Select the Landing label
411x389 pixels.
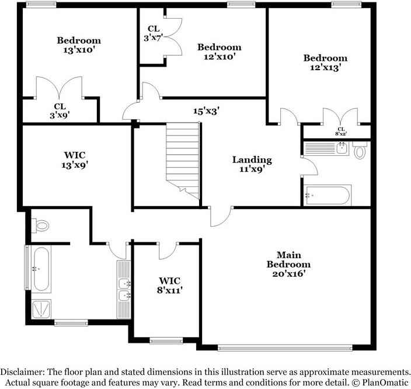pos(252,159)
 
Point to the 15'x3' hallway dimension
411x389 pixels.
pos(207,110)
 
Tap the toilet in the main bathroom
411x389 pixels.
pos(41,224)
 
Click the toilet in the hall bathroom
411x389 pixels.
pos(360,151)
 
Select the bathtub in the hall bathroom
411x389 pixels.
pos(328,195)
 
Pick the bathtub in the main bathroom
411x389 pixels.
pos(40,269)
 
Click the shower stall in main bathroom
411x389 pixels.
pos(41,308)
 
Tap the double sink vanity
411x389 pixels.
pos(123,289)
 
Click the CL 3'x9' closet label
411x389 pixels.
pos(60,111)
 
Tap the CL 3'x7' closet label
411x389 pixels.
pos(154,33)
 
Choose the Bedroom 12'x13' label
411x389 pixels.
pos(325,62)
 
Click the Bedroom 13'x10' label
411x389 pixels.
pos(79,45)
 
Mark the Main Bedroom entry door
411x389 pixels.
pos(219,216)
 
